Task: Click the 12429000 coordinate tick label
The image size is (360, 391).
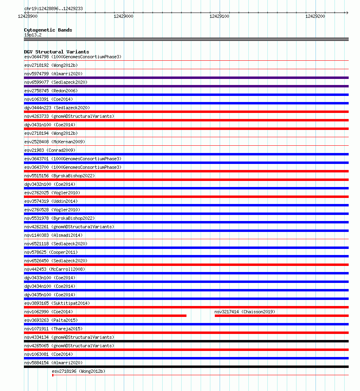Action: pyautogui.click(x=123, y=16)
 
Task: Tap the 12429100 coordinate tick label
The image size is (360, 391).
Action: pyautogui.click(x=219, y=16)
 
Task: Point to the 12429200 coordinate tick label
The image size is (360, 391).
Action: pyautogui.click(x=315, y=16)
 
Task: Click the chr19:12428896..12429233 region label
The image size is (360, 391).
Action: pyautogui.click(x=54, y=8)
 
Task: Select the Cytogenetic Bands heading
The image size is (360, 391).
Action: pyautogui.click(x=48, y=30)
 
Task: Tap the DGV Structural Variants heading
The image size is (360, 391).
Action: pyautogui.click(x=57, y=52)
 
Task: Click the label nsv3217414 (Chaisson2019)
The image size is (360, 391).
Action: pyautogui.click(x=245, y=312)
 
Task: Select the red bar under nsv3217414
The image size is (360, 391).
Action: pyautogui.click(x=281, y=316)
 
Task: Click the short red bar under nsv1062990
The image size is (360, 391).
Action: pyautogui.click(x=105, y=316)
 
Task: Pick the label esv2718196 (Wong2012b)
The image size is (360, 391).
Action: pyautogui.click(x=78, y=371)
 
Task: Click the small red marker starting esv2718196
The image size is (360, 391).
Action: pyautogui.click(x=53, y=375)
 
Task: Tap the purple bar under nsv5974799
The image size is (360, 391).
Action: pyautogui.click(x=186, y=78)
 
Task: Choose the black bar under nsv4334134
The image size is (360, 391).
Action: pyautogui.click(x=186, y=341)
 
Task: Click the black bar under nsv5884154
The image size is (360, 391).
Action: pyautogui.click(x=186, y=367)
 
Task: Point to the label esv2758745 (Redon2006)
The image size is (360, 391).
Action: pyautogui.click(x=51, y=91)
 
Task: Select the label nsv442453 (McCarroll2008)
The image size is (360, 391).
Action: pyautogui.click(x=55, y=269)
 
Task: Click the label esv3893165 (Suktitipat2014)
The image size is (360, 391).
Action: pyautogui.click(x=57, y=303)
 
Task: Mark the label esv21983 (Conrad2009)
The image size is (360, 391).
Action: pyautogui.click(x=50, y=150)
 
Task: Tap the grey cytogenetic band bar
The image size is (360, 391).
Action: pyautogui.click(x=186, y=39)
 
